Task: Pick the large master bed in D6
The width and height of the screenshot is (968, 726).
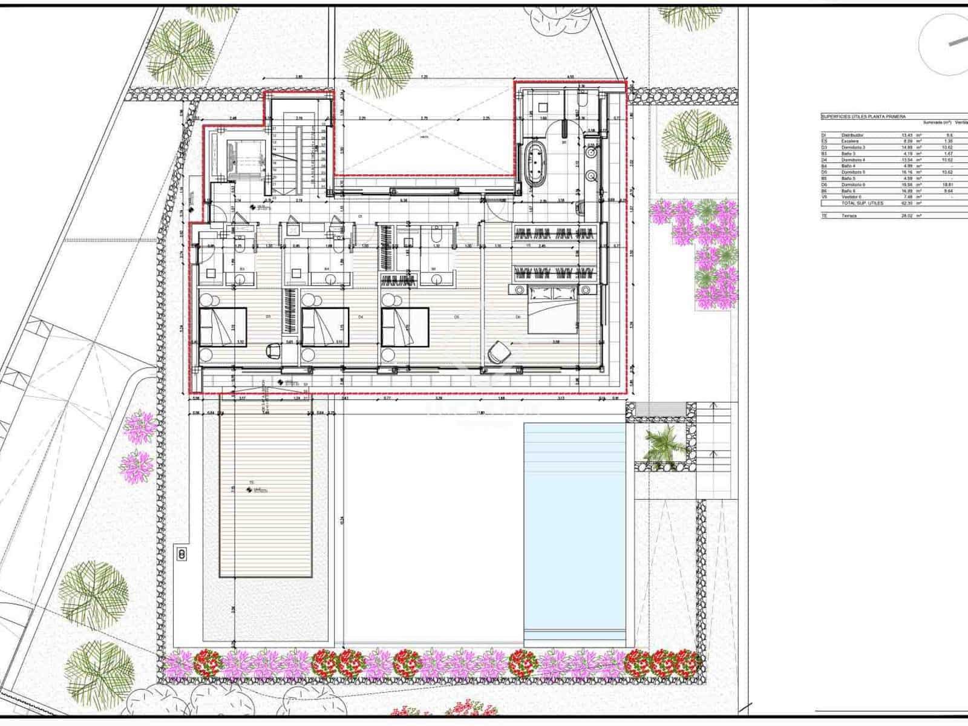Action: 554,310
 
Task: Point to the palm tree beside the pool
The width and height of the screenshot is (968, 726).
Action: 664,442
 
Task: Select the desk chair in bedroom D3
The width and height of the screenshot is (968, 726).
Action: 273,350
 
